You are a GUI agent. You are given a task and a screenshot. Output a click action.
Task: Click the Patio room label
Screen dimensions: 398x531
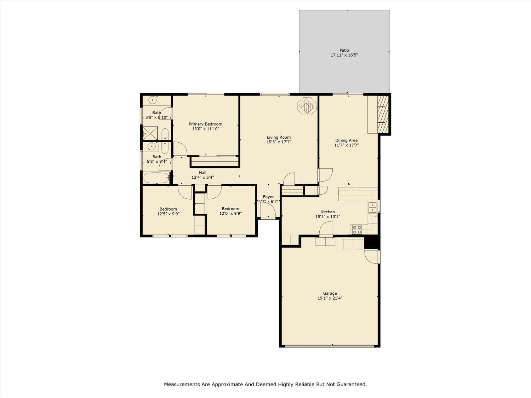[x=344, y=50]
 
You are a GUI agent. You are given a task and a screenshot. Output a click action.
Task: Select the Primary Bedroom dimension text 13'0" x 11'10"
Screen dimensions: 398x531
[x=205, y=129]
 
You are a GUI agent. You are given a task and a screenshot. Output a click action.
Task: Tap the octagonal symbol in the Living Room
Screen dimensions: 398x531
[x=307, y=106]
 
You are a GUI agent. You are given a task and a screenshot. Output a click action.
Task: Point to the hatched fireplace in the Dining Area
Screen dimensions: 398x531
[x=383, y=114]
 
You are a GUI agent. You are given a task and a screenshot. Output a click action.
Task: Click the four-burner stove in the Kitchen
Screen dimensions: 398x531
[x=357, y=230]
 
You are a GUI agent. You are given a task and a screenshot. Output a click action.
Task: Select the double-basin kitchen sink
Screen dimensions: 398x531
[x=372, y=207]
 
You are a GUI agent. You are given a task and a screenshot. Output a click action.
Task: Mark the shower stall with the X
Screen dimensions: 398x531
[x=150, y=133]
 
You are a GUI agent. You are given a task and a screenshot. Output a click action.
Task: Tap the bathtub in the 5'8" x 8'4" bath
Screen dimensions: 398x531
[x=156, y=178]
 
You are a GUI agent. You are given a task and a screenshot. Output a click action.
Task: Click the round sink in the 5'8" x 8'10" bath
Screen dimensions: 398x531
[x=153, y=100]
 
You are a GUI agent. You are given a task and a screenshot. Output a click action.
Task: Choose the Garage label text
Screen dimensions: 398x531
[x=330, y=293]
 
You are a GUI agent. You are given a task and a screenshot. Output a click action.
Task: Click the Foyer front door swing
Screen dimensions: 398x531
[x=268, y=211]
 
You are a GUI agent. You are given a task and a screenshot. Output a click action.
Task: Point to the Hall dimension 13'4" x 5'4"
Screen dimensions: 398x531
[x=202, y=178]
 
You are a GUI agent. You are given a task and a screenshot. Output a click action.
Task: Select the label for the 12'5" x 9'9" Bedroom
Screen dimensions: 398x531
[x=168, y=209]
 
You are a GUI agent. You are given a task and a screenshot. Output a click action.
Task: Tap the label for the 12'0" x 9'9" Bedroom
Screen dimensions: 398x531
[x=230, y=209]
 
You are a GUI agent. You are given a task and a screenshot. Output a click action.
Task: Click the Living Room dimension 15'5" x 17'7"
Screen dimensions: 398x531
[x=279, y=142]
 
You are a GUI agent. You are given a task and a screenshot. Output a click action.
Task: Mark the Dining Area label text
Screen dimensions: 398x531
[x=346, y=140]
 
